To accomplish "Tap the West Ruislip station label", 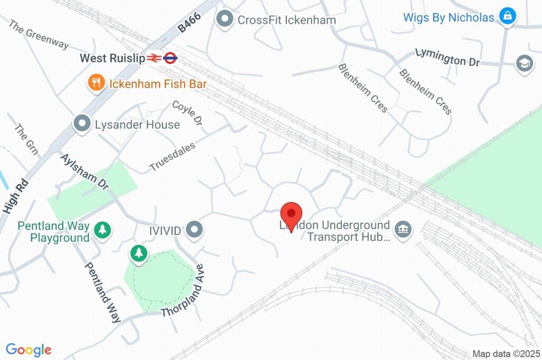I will pos(112,58).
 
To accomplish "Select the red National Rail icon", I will pos(154,58).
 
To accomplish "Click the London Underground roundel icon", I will pos(170,58).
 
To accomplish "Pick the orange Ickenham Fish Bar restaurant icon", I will pos(96,83).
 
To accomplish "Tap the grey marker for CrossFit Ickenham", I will pos(225,20).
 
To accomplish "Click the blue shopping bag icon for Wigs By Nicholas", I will pos(508,16).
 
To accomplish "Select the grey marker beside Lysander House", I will pos(82,124).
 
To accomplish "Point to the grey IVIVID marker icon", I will pos(196,230).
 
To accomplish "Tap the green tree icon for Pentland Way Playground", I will pos(102,230).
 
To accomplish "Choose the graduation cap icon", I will pos(523,63).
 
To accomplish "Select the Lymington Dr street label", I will pos(447,57).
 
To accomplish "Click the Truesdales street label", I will pos(173,156).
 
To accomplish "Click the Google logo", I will pos(29,349).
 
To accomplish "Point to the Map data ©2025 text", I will pos(506,354).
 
